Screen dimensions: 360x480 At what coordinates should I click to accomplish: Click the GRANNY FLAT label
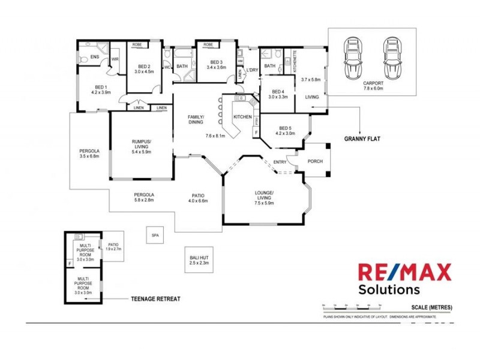coord(363,138)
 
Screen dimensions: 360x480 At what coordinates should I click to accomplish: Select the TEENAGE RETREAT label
coord(156,298)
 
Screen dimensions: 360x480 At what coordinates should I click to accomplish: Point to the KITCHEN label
coord(242,116)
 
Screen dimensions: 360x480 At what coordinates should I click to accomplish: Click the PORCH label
coord(315,161)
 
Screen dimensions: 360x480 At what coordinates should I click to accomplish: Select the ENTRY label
coord(280,162)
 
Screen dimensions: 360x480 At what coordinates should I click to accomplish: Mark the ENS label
coord(94,57)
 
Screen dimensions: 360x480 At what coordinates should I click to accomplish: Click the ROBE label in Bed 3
coord(208,45)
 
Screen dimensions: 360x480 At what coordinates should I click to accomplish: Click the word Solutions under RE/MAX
coord(389,289)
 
